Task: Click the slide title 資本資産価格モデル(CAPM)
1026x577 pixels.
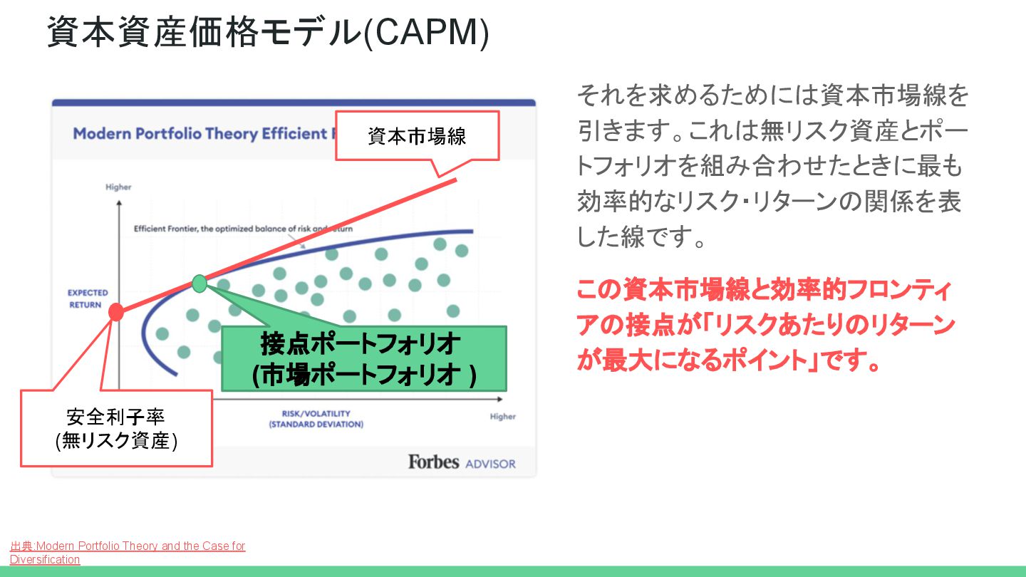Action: pos(268,32)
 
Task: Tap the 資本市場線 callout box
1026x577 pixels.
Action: pos(417,136)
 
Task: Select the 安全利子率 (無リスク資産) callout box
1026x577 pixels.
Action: pos(116,428)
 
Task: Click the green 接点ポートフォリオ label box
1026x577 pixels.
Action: pos(363,359)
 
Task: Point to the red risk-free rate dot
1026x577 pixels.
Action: pos(116,311)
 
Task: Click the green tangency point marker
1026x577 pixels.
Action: pos(199,283)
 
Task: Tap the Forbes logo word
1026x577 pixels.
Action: pos(433,462)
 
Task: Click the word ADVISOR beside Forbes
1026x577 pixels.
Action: pos(490,464)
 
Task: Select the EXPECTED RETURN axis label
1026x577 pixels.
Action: pos(88,298)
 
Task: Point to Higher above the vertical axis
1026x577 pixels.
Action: pos(118,187)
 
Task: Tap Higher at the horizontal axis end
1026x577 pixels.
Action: pos(502,417)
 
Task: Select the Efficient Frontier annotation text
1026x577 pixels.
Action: pos(242,229)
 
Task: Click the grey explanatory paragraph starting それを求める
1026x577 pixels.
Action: pos(772,165)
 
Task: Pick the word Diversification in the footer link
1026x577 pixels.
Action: pos(45,560)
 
